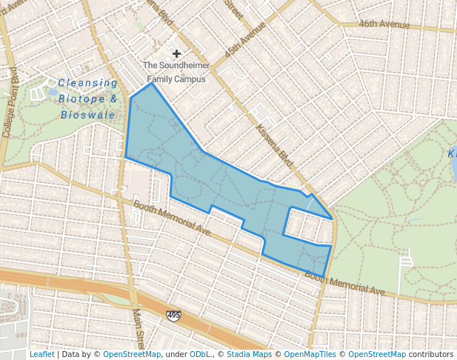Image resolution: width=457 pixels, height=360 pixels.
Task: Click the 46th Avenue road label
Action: tap(384, 25)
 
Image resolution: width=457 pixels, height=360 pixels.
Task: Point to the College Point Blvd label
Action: tap(11, 103)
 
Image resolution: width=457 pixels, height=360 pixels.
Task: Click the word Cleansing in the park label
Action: tap(87, 83)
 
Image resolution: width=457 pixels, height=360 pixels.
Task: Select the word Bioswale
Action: tap(87, 115)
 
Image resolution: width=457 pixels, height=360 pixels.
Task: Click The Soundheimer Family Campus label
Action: tap(176, 72)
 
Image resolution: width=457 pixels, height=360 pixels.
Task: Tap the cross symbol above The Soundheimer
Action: tap(176, 54)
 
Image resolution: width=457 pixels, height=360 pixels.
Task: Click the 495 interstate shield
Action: tap(173, 316)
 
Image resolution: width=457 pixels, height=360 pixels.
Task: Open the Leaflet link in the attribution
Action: tap(41, 354)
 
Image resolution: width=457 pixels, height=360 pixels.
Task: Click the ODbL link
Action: tap(200, 354)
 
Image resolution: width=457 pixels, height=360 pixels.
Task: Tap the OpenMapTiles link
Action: tap(310, 354)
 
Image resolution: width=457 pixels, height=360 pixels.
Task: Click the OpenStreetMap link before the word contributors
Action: tap(377, 354)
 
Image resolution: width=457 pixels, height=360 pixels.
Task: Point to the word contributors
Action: tap(431, 354)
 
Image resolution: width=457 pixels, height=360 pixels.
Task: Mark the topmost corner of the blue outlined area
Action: tap(152, 83)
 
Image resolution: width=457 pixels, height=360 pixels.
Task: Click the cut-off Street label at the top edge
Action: tap(233, 10)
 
